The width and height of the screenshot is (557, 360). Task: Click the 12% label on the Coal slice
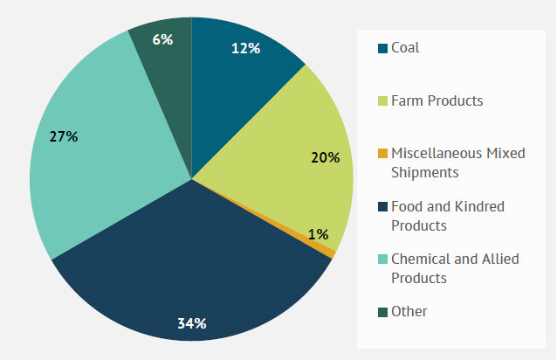point(245,49)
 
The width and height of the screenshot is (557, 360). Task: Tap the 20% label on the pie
point(325,157)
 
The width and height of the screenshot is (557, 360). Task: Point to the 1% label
point(318,234)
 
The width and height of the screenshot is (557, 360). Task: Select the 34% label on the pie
point(191,323)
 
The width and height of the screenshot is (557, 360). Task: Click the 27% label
point(64,136)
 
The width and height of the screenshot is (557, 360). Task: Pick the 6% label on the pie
point(162,39)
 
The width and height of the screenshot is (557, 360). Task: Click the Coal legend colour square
point(382,48)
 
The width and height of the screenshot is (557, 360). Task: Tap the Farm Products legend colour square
point(382,101)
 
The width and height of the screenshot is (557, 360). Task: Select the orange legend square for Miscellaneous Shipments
point(382,154)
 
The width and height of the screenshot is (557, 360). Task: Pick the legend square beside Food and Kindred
point(382,207)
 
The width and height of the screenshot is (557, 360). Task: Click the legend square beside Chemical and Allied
point(382,260)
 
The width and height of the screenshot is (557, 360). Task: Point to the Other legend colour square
point(382,312)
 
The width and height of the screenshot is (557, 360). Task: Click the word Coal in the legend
point(405,48)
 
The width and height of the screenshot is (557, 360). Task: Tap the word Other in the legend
point(409,312)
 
